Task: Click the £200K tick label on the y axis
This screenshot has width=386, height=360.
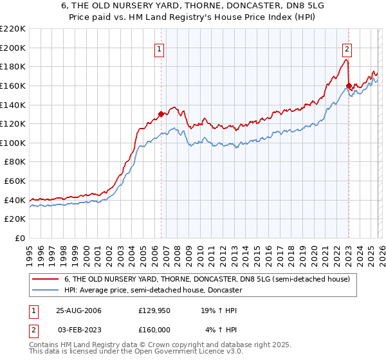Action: tap(13, 48)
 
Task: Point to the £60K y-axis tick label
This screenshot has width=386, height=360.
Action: tap(15, 181)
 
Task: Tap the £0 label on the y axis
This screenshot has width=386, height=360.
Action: tap(21, 239)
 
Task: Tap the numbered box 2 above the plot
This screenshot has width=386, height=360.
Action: tap(347, 47)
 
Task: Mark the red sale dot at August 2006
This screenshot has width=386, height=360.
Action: tap(161, 114)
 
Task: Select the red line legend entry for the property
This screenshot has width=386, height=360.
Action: tap(207, 279)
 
